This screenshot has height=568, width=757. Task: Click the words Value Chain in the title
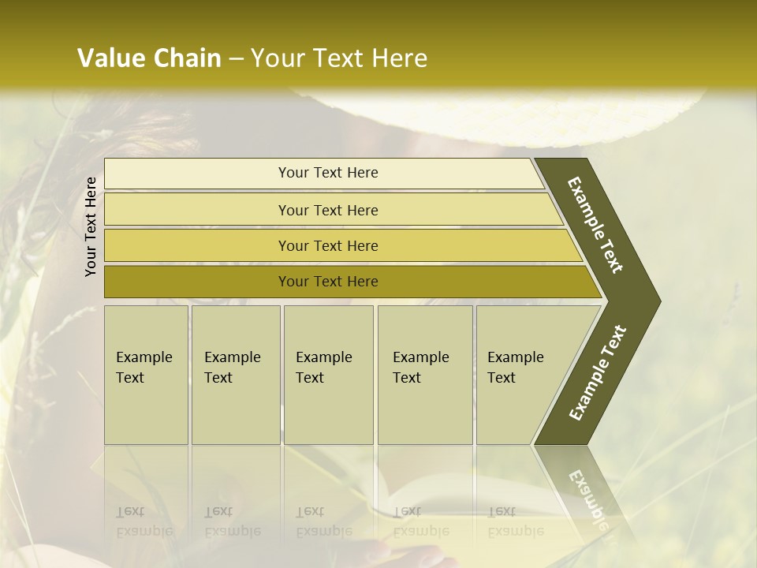[149, 58]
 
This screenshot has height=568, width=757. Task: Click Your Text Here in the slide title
[339, 58]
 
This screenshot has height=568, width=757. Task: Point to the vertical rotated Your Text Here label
[91, 226]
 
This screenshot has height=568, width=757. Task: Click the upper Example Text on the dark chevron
[595, 224]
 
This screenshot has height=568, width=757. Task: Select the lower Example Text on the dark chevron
[597, 373]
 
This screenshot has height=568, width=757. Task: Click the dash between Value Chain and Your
[235, 59]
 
